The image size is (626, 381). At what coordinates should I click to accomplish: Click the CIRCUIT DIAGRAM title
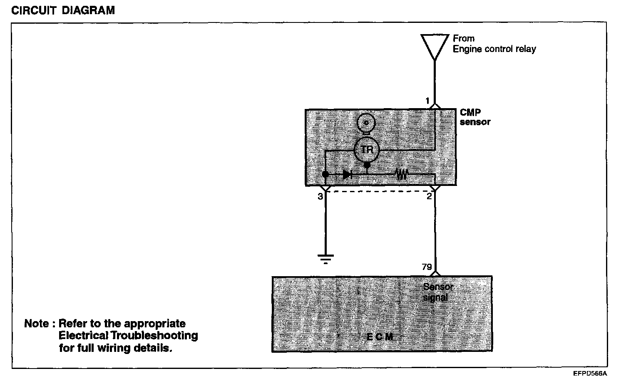click(63, 11)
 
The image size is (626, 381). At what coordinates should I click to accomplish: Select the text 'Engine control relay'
click(494, 49)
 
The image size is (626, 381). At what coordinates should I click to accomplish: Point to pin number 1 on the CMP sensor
click(427, 101)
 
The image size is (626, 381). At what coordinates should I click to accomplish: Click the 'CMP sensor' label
click(475, 117)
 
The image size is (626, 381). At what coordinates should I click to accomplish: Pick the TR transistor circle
click(366, 149)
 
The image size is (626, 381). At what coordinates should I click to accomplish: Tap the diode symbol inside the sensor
click(347, 175)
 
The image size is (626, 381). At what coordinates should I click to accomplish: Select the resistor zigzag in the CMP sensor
click(401, 174)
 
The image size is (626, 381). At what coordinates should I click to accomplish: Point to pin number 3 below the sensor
click(320, 196)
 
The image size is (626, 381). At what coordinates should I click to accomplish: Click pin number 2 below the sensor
click(429, 196)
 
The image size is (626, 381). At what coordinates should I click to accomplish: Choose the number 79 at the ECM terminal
click(427, 267)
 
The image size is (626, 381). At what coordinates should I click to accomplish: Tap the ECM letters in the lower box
click(380, 337)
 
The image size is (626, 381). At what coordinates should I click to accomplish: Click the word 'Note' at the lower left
click(37, 324)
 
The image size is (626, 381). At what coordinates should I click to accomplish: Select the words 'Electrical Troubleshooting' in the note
click(128, 335)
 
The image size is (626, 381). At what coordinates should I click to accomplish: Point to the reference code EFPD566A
click(590, 374)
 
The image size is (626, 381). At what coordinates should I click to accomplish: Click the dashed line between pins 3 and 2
click(379, 192)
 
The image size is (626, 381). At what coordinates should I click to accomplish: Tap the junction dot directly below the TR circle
click(367, 166)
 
